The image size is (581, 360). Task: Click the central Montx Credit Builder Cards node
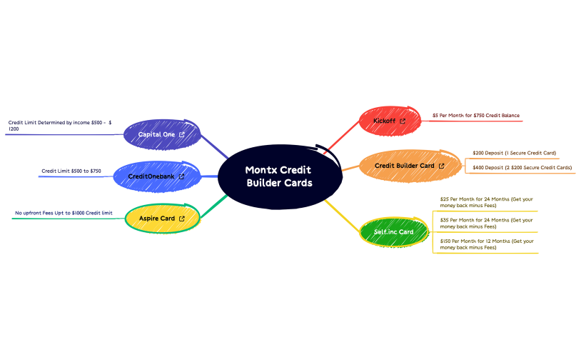(278, 176)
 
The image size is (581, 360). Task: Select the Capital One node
(157, 134)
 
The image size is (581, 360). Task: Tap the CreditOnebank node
(151, 176)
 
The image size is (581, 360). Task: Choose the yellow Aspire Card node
(157, 219)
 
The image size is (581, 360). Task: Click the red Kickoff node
(385, 121)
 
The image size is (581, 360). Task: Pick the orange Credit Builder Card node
(405, 166)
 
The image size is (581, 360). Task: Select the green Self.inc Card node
(394, 232)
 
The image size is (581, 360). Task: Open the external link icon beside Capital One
(182, 134)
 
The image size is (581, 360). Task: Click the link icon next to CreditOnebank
(181, 176)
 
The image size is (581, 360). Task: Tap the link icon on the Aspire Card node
(182, 219)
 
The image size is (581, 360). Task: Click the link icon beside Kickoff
(403, 121)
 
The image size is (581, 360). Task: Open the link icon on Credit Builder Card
(441, 166)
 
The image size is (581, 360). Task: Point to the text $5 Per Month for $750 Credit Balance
(475, 115)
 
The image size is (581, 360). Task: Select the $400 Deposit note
(522, 167)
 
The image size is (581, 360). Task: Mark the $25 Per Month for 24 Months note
(487, 201)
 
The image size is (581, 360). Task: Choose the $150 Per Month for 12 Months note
(487, 244)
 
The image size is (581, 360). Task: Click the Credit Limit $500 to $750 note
(71, 171)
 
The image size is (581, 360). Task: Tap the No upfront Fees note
(64, 213)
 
